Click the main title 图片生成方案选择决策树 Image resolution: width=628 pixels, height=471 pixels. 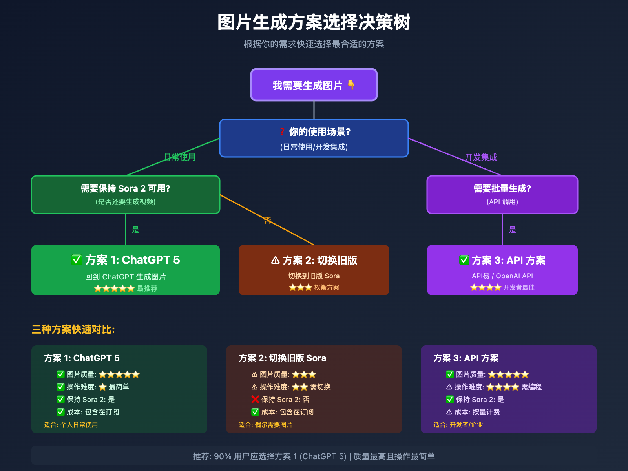pyautogui.click(x=314, y=22)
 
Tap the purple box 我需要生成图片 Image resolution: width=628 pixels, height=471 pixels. pyautogui.click(x=314, y=85)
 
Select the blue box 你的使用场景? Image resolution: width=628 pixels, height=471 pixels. pyautogui.click(x=314, y=138)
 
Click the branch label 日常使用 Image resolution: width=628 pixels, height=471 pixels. pyautogui.click(x=180, y=157)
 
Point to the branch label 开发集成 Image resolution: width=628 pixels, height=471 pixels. pyautogui.click(x=481, y=157)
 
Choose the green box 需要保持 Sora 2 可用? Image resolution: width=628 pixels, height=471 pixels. pyautogui.click(x=126, y=195)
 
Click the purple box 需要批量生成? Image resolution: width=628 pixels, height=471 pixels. pyautogui.click(x=502, y=195)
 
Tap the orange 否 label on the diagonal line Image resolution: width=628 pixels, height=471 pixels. pyautogui.click(x=267, y=221)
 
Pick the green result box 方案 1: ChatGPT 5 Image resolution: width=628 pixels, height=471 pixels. pyautogui.click(x=126, y=270)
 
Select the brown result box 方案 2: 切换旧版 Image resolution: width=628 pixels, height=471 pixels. pyautogui.click(x=314, y=270)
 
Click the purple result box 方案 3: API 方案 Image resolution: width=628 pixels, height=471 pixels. pyautogui.click(x=502, y=270)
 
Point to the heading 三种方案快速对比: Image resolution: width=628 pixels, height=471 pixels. pyautogui.click(x=73, y=329)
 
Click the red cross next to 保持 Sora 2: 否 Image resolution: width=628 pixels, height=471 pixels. pyautogui.click(x=255, y=400)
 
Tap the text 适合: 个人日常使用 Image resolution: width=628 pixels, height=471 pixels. pyautogui.click(x=71, y=425)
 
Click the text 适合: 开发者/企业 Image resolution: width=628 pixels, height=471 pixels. pyautogui.click(x=458, y=425)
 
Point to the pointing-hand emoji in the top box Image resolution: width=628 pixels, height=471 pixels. pyautogui.click(x=351, y=85)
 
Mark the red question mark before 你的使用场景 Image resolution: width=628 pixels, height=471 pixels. pyautogui.click(x=282, y=132)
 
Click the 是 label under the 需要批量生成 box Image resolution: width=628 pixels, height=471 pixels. pyautogui.click(x=512, y=230)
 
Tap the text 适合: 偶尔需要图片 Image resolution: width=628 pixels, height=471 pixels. pyautogui.click(x=265, y=425)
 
